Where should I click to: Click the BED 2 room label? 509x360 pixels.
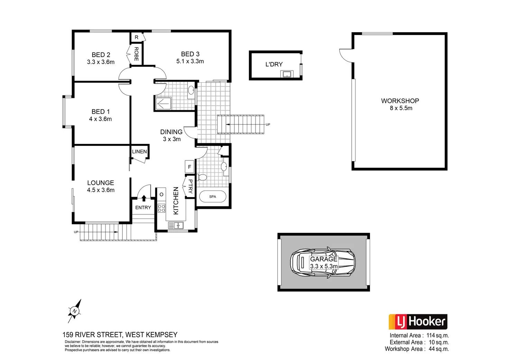[101, 55]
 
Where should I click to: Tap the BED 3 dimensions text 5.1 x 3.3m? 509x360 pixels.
[190, 62]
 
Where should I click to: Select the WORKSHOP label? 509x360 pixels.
[400, 101]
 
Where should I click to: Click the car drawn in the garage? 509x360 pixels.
[323, 262]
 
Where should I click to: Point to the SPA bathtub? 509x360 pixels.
[213, 196]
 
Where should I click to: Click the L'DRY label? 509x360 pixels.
[274, 64]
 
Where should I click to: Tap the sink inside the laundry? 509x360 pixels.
[287, 74]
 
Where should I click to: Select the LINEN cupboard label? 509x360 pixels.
[139, 151]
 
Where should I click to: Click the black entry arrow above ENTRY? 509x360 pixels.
[144, 197]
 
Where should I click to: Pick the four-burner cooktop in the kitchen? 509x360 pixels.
[161, 208]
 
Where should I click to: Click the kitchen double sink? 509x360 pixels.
[176, 225]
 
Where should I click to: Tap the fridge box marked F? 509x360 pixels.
[189, 167]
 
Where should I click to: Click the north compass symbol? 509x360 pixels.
[75, 311]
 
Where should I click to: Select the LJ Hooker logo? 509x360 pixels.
[418, 322]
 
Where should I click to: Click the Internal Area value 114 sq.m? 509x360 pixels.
[437, 335]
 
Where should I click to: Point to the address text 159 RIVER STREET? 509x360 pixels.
[92, 335]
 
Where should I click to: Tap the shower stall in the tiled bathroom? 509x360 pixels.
[163, 103]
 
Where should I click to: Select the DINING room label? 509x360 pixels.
[171, 132]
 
